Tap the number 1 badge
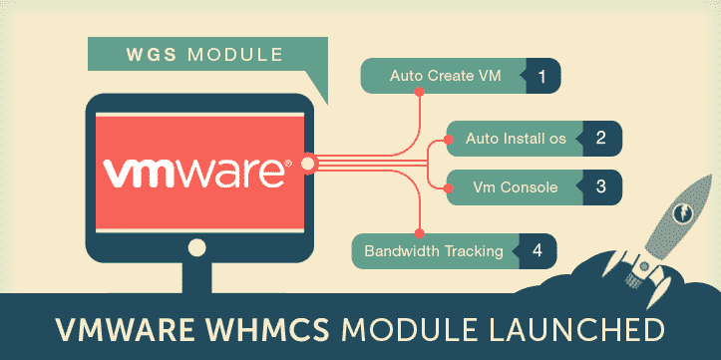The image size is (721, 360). pyautogui.click(x=541, y=75)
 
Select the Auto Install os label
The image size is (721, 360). pyautogui.click(x=516, y=138)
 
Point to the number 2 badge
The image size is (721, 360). pyautogui.click(x=600, y=138)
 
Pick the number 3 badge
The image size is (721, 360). pyautogui.click(x=600, y=185)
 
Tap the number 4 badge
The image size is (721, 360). pyautogui.click(x=539, y=250)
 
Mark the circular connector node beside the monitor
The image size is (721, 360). pyautogui.click(x=308, y=163)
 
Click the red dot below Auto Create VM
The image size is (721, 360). pyautogui.click(x=420, y=95)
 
